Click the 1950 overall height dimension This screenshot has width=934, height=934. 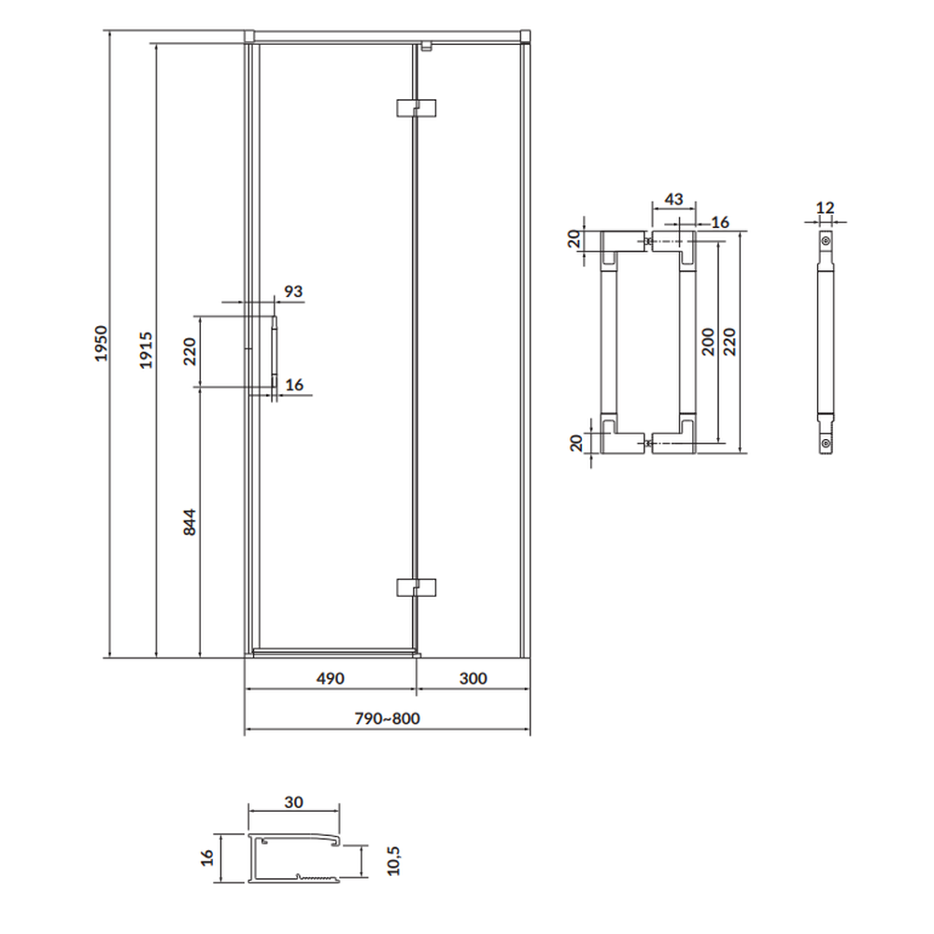pyautogui.click(x=101, y=343)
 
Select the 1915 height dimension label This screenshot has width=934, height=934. pyautogui.click(x=146, y=350)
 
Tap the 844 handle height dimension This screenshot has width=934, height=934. pyautogui.click(x=189, y=522)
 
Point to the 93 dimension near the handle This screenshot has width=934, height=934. pyautogui.click(x=293, y=291)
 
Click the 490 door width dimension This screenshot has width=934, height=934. pyautogui.click(x=330, y=678)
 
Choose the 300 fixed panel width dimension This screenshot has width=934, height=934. pyautogui.click(x=473, y=678)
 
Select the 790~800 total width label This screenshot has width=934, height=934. pyautogui.click(x=388, y=718)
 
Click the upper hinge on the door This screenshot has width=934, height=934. pyautogui.click(x=417, y=107)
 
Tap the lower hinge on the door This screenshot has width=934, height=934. pyautogui.click(x=417, y=587)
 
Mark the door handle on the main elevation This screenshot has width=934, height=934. pyautogui.click(x=275, y=351)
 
